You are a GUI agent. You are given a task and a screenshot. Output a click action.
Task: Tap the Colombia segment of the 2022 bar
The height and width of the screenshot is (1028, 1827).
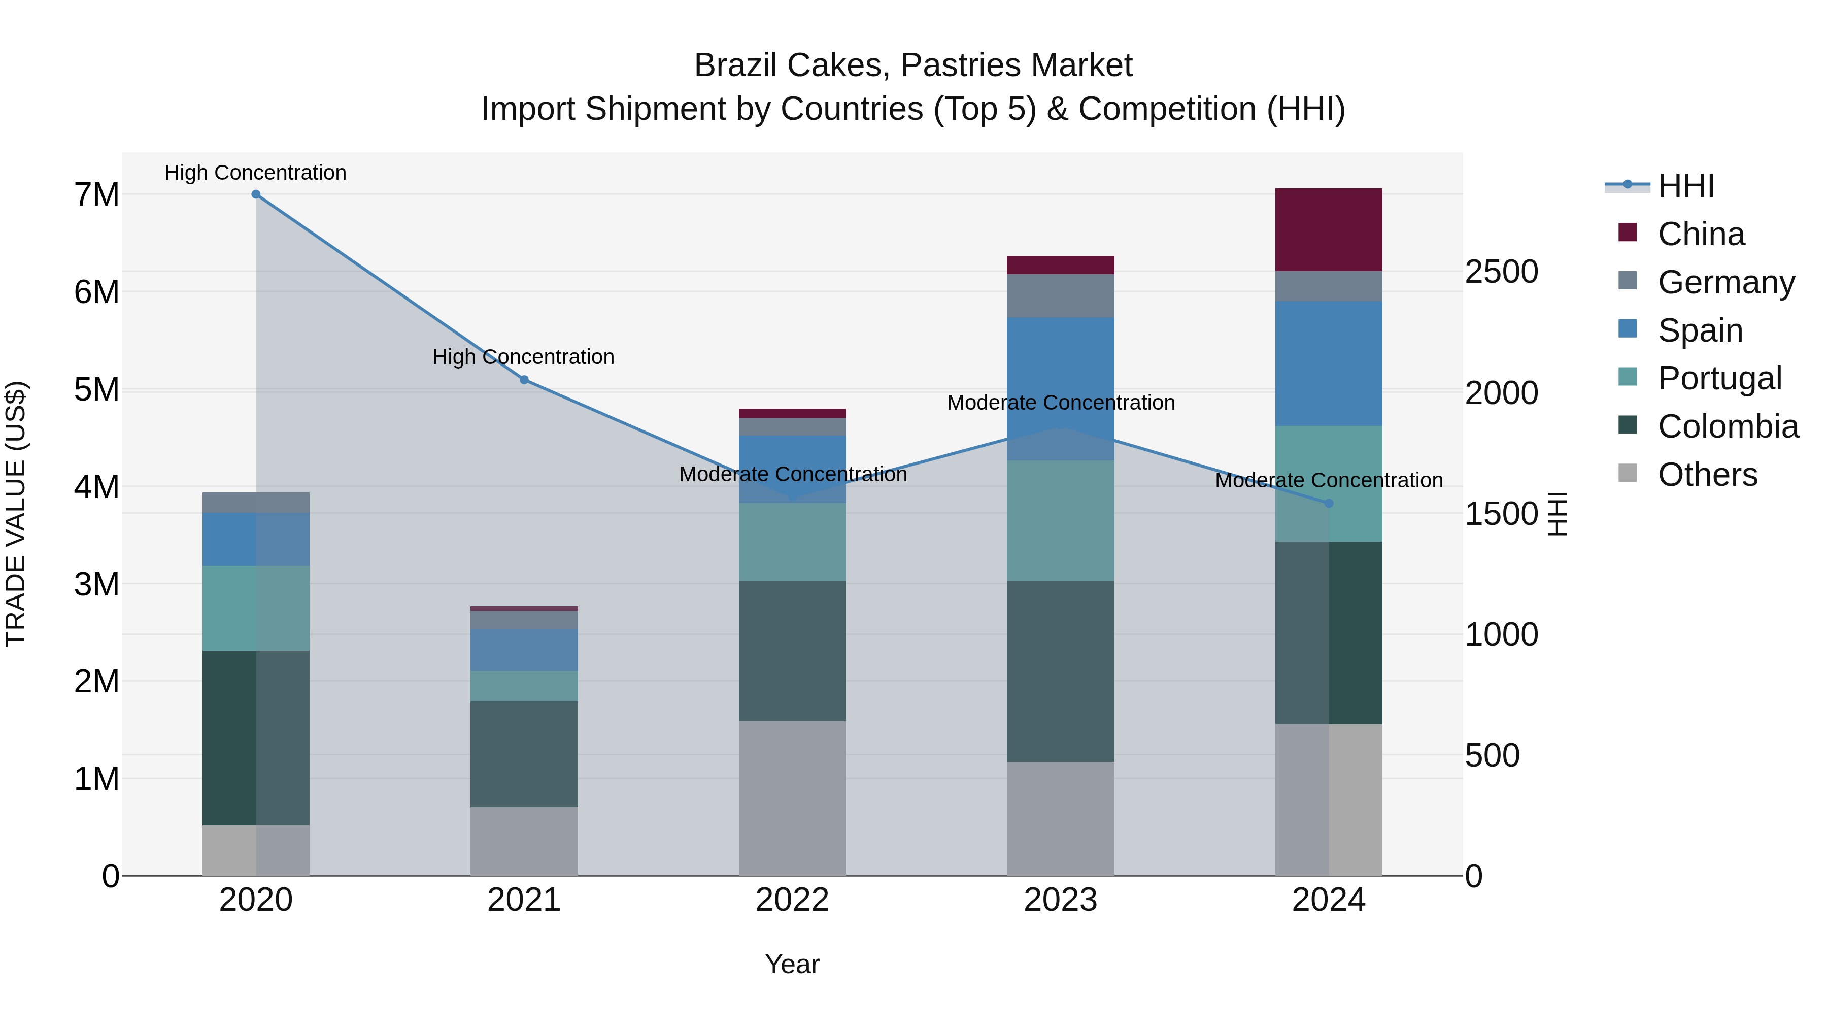(x=792, y=651)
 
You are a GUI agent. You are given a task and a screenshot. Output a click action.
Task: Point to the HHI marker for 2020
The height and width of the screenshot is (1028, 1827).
(x=256, y=194)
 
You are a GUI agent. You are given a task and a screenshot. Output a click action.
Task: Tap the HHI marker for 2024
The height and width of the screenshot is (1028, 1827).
(x=1329, y=503)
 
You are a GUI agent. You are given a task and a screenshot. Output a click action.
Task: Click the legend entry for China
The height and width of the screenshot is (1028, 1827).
(x=1700, y=234)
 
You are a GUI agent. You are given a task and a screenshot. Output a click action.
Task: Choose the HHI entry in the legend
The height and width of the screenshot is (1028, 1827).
(x=1685, y=186)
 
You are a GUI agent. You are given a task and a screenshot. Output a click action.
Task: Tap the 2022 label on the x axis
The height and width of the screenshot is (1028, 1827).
(x=792, y=900)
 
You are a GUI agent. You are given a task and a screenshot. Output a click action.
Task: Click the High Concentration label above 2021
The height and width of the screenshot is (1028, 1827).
(x=523, y=357)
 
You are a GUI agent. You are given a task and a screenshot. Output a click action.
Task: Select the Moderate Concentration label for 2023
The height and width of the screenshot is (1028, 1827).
(x=1060, y=402)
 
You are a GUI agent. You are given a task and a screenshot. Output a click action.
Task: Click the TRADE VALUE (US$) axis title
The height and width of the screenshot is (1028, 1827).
(x=16, y=514)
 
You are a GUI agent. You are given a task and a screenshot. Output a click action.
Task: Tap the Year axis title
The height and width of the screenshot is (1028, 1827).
(x=792, y=964)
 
